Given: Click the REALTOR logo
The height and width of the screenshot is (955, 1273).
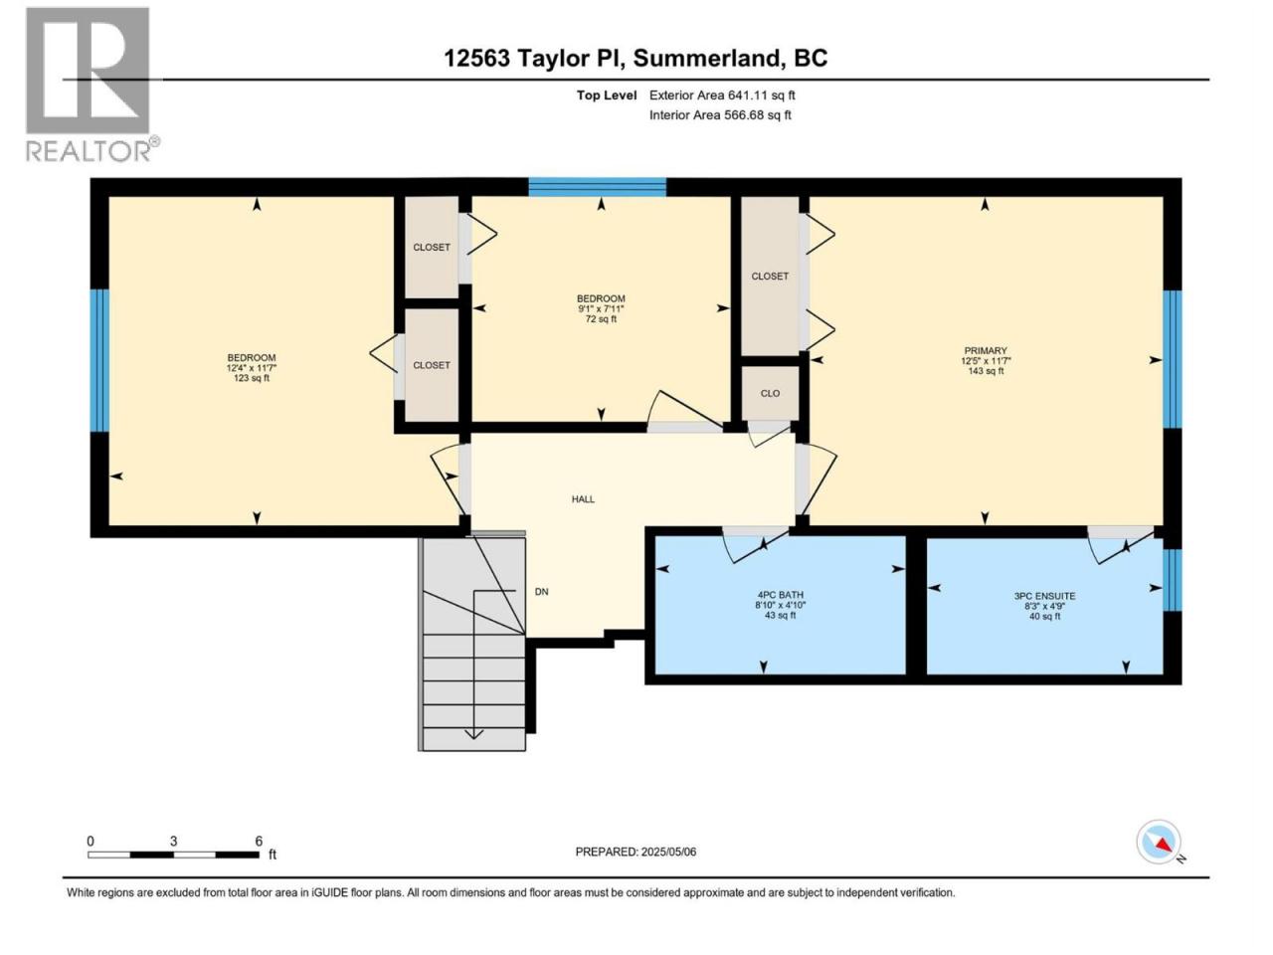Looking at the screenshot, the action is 92,85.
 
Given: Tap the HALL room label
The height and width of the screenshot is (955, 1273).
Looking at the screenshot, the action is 583,498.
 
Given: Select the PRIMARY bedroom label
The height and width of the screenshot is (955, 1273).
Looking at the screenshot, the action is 986,350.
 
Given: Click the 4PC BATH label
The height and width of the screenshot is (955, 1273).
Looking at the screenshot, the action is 780,594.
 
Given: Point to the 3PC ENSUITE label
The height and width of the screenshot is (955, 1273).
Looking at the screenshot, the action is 1044,596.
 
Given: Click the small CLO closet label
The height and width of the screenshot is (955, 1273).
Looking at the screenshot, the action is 770,393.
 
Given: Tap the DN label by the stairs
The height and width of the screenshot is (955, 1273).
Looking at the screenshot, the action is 541,592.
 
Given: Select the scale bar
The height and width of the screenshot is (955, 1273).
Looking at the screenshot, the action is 173,855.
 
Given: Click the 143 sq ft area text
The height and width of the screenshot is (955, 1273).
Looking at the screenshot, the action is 986,371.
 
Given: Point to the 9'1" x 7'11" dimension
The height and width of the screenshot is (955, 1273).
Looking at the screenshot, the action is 601,309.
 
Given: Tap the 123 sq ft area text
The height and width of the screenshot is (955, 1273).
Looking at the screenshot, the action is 252,378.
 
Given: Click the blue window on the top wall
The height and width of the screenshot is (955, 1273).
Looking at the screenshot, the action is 597,187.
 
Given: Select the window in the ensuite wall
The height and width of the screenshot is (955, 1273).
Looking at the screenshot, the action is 1173,580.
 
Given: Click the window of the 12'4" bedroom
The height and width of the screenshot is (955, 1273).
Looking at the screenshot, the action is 99,361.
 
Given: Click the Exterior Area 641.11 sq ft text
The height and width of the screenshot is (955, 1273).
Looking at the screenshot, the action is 722,95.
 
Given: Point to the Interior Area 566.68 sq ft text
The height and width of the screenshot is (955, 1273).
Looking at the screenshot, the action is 720,114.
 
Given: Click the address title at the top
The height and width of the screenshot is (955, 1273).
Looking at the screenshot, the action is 636,59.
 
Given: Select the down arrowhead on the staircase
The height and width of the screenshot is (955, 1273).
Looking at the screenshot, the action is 473,734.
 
